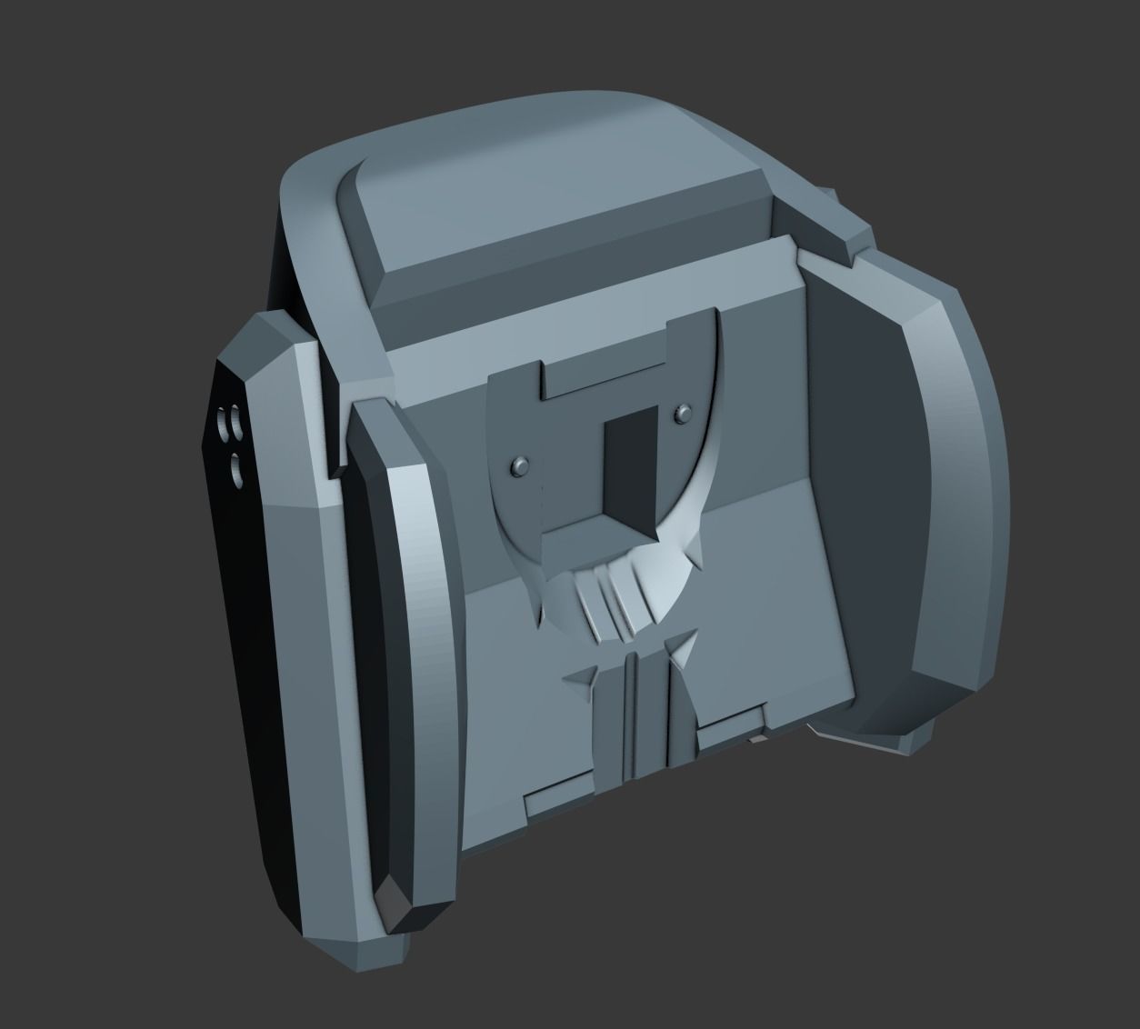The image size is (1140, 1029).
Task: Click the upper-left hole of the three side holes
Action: [225, 423]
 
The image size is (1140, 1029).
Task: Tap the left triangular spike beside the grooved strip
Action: [582, 677]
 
